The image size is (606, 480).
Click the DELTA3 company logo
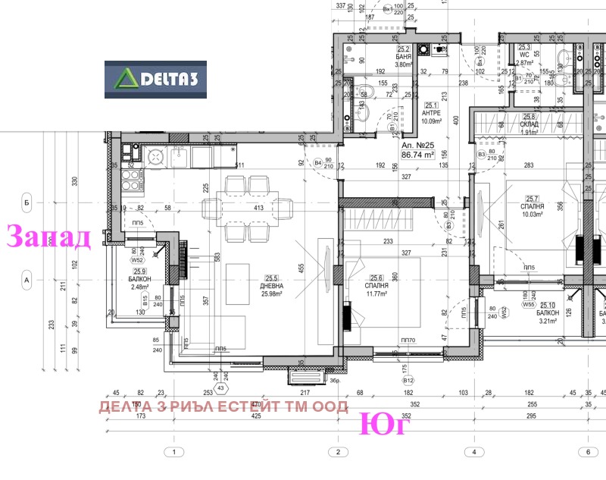(156, 79)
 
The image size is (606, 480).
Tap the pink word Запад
(48, 237)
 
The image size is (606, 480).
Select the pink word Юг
(384, 424)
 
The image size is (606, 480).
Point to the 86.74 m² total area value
(417, 154)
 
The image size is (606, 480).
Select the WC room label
(523, 55)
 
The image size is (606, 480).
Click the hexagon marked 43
(221, 387)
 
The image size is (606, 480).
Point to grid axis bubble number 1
(174, 452)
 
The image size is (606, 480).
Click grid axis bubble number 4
(473, 452)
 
